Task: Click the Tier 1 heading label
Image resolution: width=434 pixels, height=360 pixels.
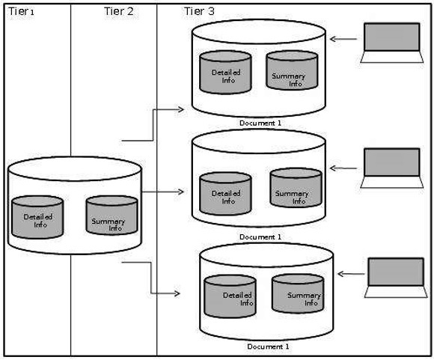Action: [22, 13]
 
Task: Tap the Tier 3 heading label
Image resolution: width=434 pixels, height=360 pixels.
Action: [200, 12]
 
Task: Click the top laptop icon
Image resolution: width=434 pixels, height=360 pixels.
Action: [391, 43]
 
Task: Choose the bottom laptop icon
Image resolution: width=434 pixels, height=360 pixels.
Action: [395, 278]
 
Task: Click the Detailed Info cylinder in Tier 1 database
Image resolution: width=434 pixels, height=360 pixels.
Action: [37, 217]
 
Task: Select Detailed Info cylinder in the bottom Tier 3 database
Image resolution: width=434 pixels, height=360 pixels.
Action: [230, 297]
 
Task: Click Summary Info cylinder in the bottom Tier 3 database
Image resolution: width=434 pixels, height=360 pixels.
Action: [297, 294]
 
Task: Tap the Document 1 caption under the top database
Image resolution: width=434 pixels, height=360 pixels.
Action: [260, 122]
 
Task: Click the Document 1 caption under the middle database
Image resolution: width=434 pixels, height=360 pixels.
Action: [260, 237]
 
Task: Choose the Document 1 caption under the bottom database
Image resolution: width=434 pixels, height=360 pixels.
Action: [267, 347]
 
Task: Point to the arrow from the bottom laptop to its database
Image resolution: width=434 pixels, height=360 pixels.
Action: [349, 275]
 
